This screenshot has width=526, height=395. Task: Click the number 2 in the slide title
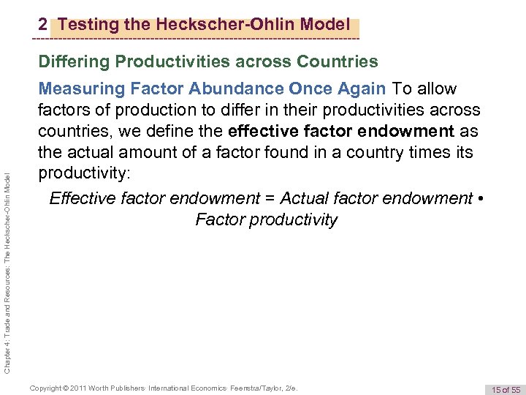[x=43, y=25]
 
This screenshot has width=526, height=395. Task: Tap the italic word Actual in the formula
[x=305, y=198]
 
